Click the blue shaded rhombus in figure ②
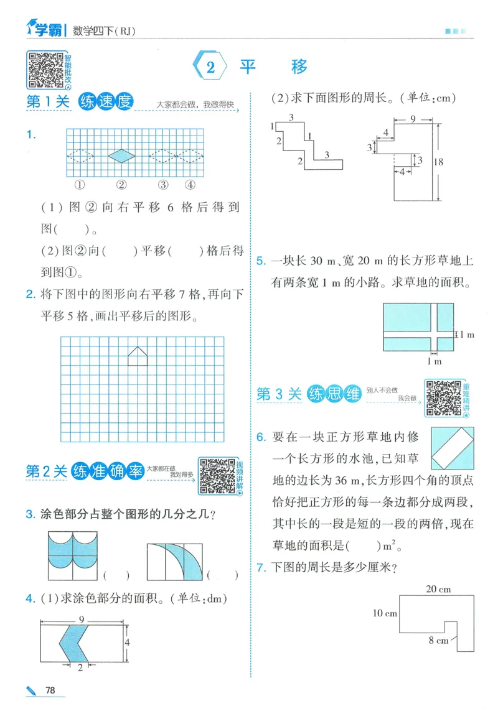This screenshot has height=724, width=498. click(121, 155)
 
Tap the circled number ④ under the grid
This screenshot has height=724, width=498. click(190, 185)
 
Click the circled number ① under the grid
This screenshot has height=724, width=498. click(80, 185)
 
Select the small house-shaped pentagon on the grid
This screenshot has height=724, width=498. click(138, 356)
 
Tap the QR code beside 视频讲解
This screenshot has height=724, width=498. click(216, 476)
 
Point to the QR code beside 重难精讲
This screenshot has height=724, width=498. click(443, 398)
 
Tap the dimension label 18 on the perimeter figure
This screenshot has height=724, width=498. click(456, 162)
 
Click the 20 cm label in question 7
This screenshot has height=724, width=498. click(438, 589)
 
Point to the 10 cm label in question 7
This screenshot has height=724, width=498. click(385, 613)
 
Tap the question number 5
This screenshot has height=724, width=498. click(261, 261)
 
